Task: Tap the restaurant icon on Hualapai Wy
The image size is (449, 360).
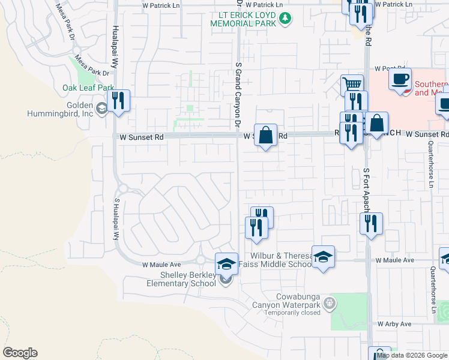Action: [x=118, y=100]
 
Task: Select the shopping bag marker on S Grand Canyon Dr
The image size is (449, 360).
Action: [x=265, y=134]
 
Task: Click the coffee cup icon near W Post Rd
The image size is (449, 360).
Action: [x=400, y=79]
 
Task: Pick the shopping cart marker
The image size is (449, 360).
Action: [x=352, y=85]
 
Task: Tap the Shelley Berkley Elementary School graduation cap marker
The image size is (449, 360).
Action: [x=226, y=263]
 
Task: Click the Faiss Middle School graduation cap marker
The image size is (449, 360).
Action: [x=323, y=257]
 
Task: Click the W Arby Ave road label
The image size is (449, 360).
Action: [x=394, y=324]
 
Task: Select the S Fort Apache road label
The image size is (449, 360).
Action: [x=367, y=189]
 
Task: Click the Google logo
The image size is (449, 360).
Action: [x=20, y=353]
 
